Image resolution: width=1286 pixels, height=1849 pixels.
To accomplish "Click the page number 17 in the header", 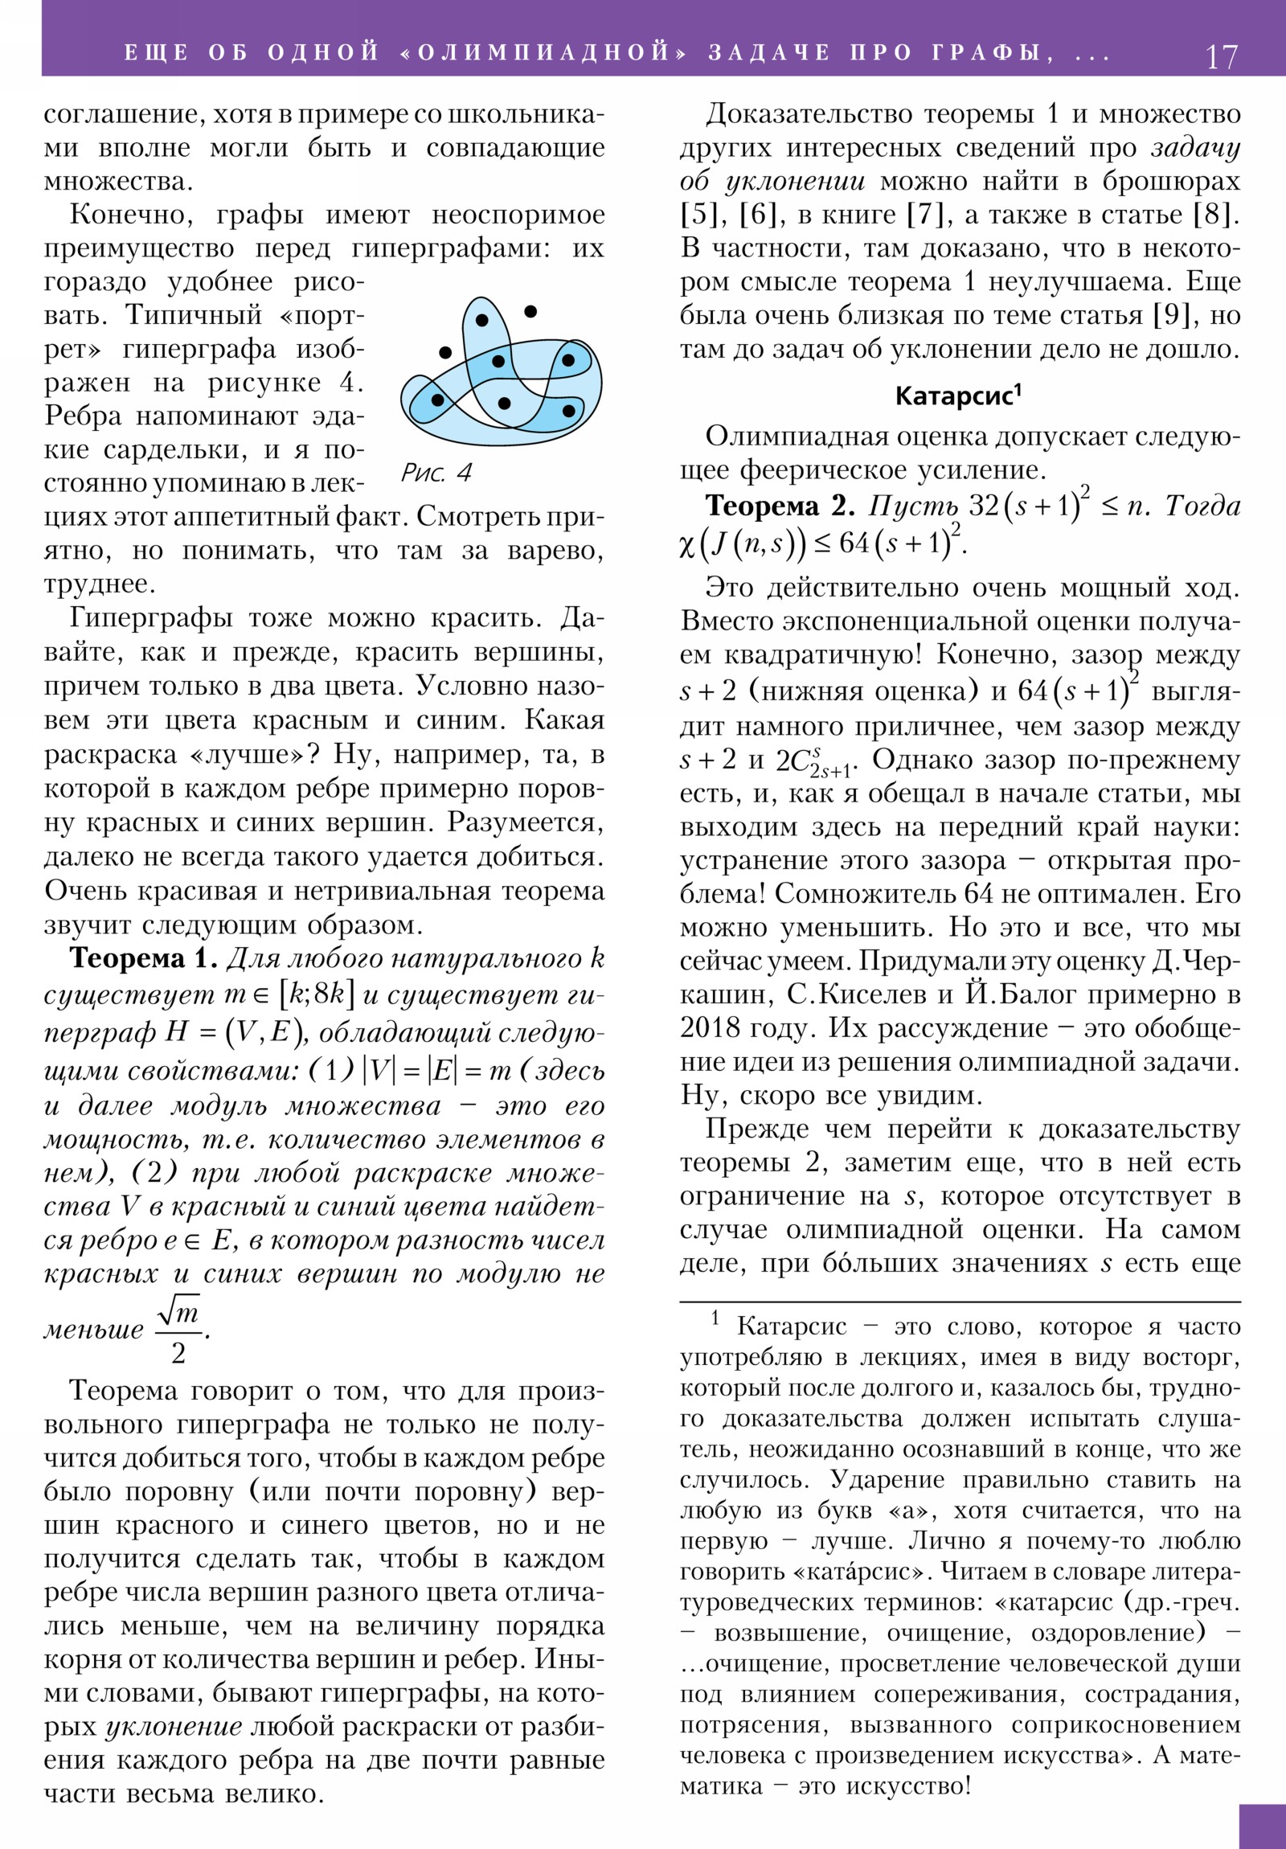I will pyautogui.click(x=1221, y=57).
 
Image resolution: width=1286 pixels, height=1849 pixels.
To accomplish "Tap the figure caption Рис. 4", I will pyautogui.click(x=436, y=473).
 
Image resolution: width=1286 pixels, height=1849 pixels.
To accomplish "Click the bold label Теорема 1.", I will pyautogui.click(x=143, y=958).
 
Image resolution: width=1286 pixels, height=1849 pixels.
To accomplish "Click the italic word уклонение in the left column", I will pyautogui.click(x=174, y=1727).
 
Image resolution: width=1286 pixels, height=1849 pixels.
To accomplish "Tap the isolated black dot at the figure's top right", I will pyautogui.click(x=530, y=311).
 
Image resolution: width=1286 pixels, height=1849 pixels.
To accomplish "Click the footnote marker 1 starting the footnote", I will pyautogui.click(x=715, y=1319).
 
